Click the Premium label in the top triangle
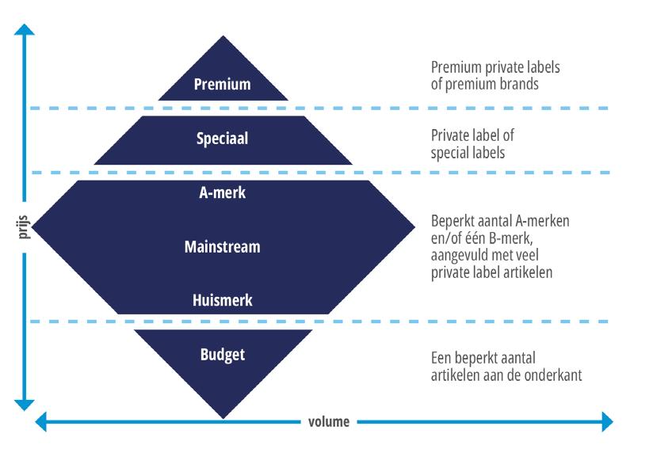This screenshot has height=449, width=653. (x=222, y=83)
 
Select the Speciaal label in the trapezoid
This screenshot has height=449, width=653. (x=222, y=138)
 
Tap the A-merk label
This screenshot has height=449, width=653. (x=222, y=192)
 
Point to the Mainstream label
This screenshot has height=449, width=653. (x=222, y=246)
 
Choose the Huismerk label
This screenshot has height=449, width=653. (x=222, y=300)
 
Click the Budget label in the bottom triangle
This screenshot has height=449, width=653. (x=222, y=354)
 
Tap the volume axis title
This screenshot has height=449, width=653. (x=328, y=421)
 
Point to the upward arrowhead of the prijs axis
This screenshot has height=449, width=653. (x=25, y=29)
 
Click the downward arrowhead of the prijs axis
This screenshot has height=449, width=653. (x=25, y=401)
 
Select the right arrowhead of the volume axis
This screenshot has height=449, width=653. (x=608, y=421)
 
